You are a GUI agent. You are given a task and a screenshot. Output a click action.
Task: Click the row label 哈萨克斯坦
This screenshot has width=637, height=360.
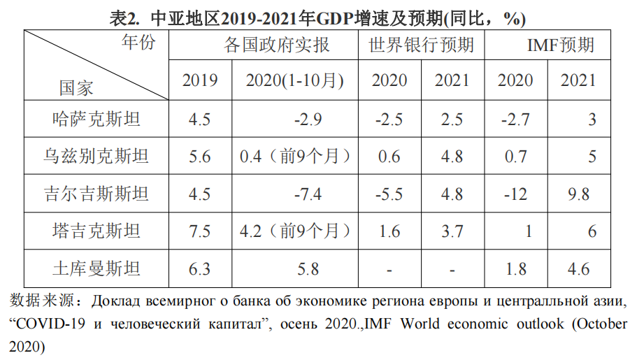[96, 119]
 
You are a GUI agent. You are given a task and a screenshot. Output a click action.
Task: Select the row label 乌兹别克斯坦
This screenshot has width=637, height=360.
[96, 156]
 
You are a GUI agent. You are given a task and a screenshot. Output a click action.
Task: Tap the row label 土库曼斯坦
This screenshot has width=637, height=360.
[96, 268]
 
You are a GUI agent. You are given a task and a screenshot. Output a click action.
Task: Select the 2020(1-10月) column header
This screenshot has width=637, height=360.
[294, 80]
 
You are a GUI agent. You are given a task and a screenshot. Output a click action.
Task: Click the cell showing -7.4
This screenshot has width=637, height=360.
[308, 194]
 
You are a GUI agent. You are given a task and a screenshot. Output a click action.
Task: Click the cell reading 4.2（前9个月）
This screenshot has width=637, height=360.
[294, 231]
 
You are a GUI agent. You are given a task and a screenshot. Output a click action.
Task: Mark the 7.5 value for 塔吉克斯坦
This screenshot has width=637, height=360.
[200, 231]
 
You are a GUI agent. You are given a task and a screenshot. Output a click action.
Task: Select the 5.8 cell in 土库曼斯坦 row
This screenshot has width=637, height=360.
[308, 268]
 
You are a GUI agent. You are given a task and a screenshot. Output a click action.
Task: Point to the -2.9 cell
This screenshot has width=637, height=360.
[308, 119]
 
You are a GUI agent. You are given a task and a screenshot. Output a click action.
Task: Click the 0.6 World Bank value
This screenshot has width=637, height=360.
[389, 156]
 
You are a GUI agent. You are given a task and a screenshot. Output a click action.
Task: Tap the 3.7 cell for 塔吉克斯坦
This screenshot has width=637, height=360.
[452, 231]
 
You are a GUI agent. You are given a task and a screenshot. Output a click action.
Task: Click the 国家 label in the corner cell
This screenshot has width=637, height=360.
[76, 88]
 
